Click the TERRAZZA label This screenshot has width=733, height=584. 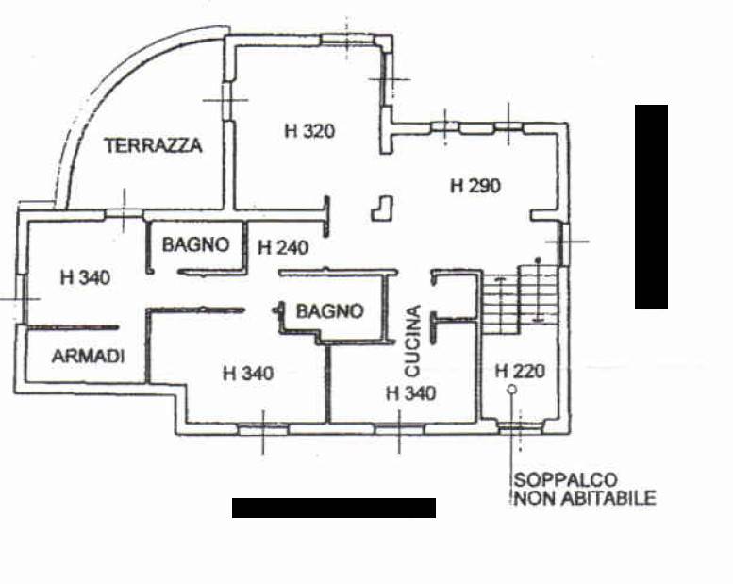(x=153, y=145)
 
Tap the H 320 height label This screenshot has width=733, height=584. (x=309, y=131)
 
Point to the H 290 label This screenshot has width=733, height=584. (x=475, y=186)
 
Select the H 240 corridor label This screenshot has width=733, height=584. (x=283, y=248)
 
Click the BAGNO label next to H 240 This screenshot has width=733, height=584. (x=195, y=244)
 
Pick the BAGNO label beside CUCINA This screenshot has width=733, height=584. (x=329, y=310)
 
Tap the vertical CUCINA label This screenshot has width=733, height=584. (x=412, y=339)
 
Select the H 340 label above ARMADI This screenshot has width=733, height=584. (x=85, y=278)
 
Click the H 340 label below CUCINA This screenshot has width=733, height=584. (x=411, y=392)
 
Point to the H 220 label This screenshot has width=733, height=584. (x=520, y=371)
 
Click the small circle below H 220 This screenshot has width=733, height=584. (x=511, y=389)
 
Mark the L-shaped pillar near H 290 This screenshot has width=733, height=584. (x=382, y=208)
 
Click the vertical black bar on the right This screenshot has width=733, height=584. (x=651, y=207)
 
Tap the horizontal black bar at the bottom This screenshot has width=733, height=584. (x=334, y=508)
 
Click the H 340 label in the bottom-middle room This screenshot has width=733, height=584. (x=248, y=374)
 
